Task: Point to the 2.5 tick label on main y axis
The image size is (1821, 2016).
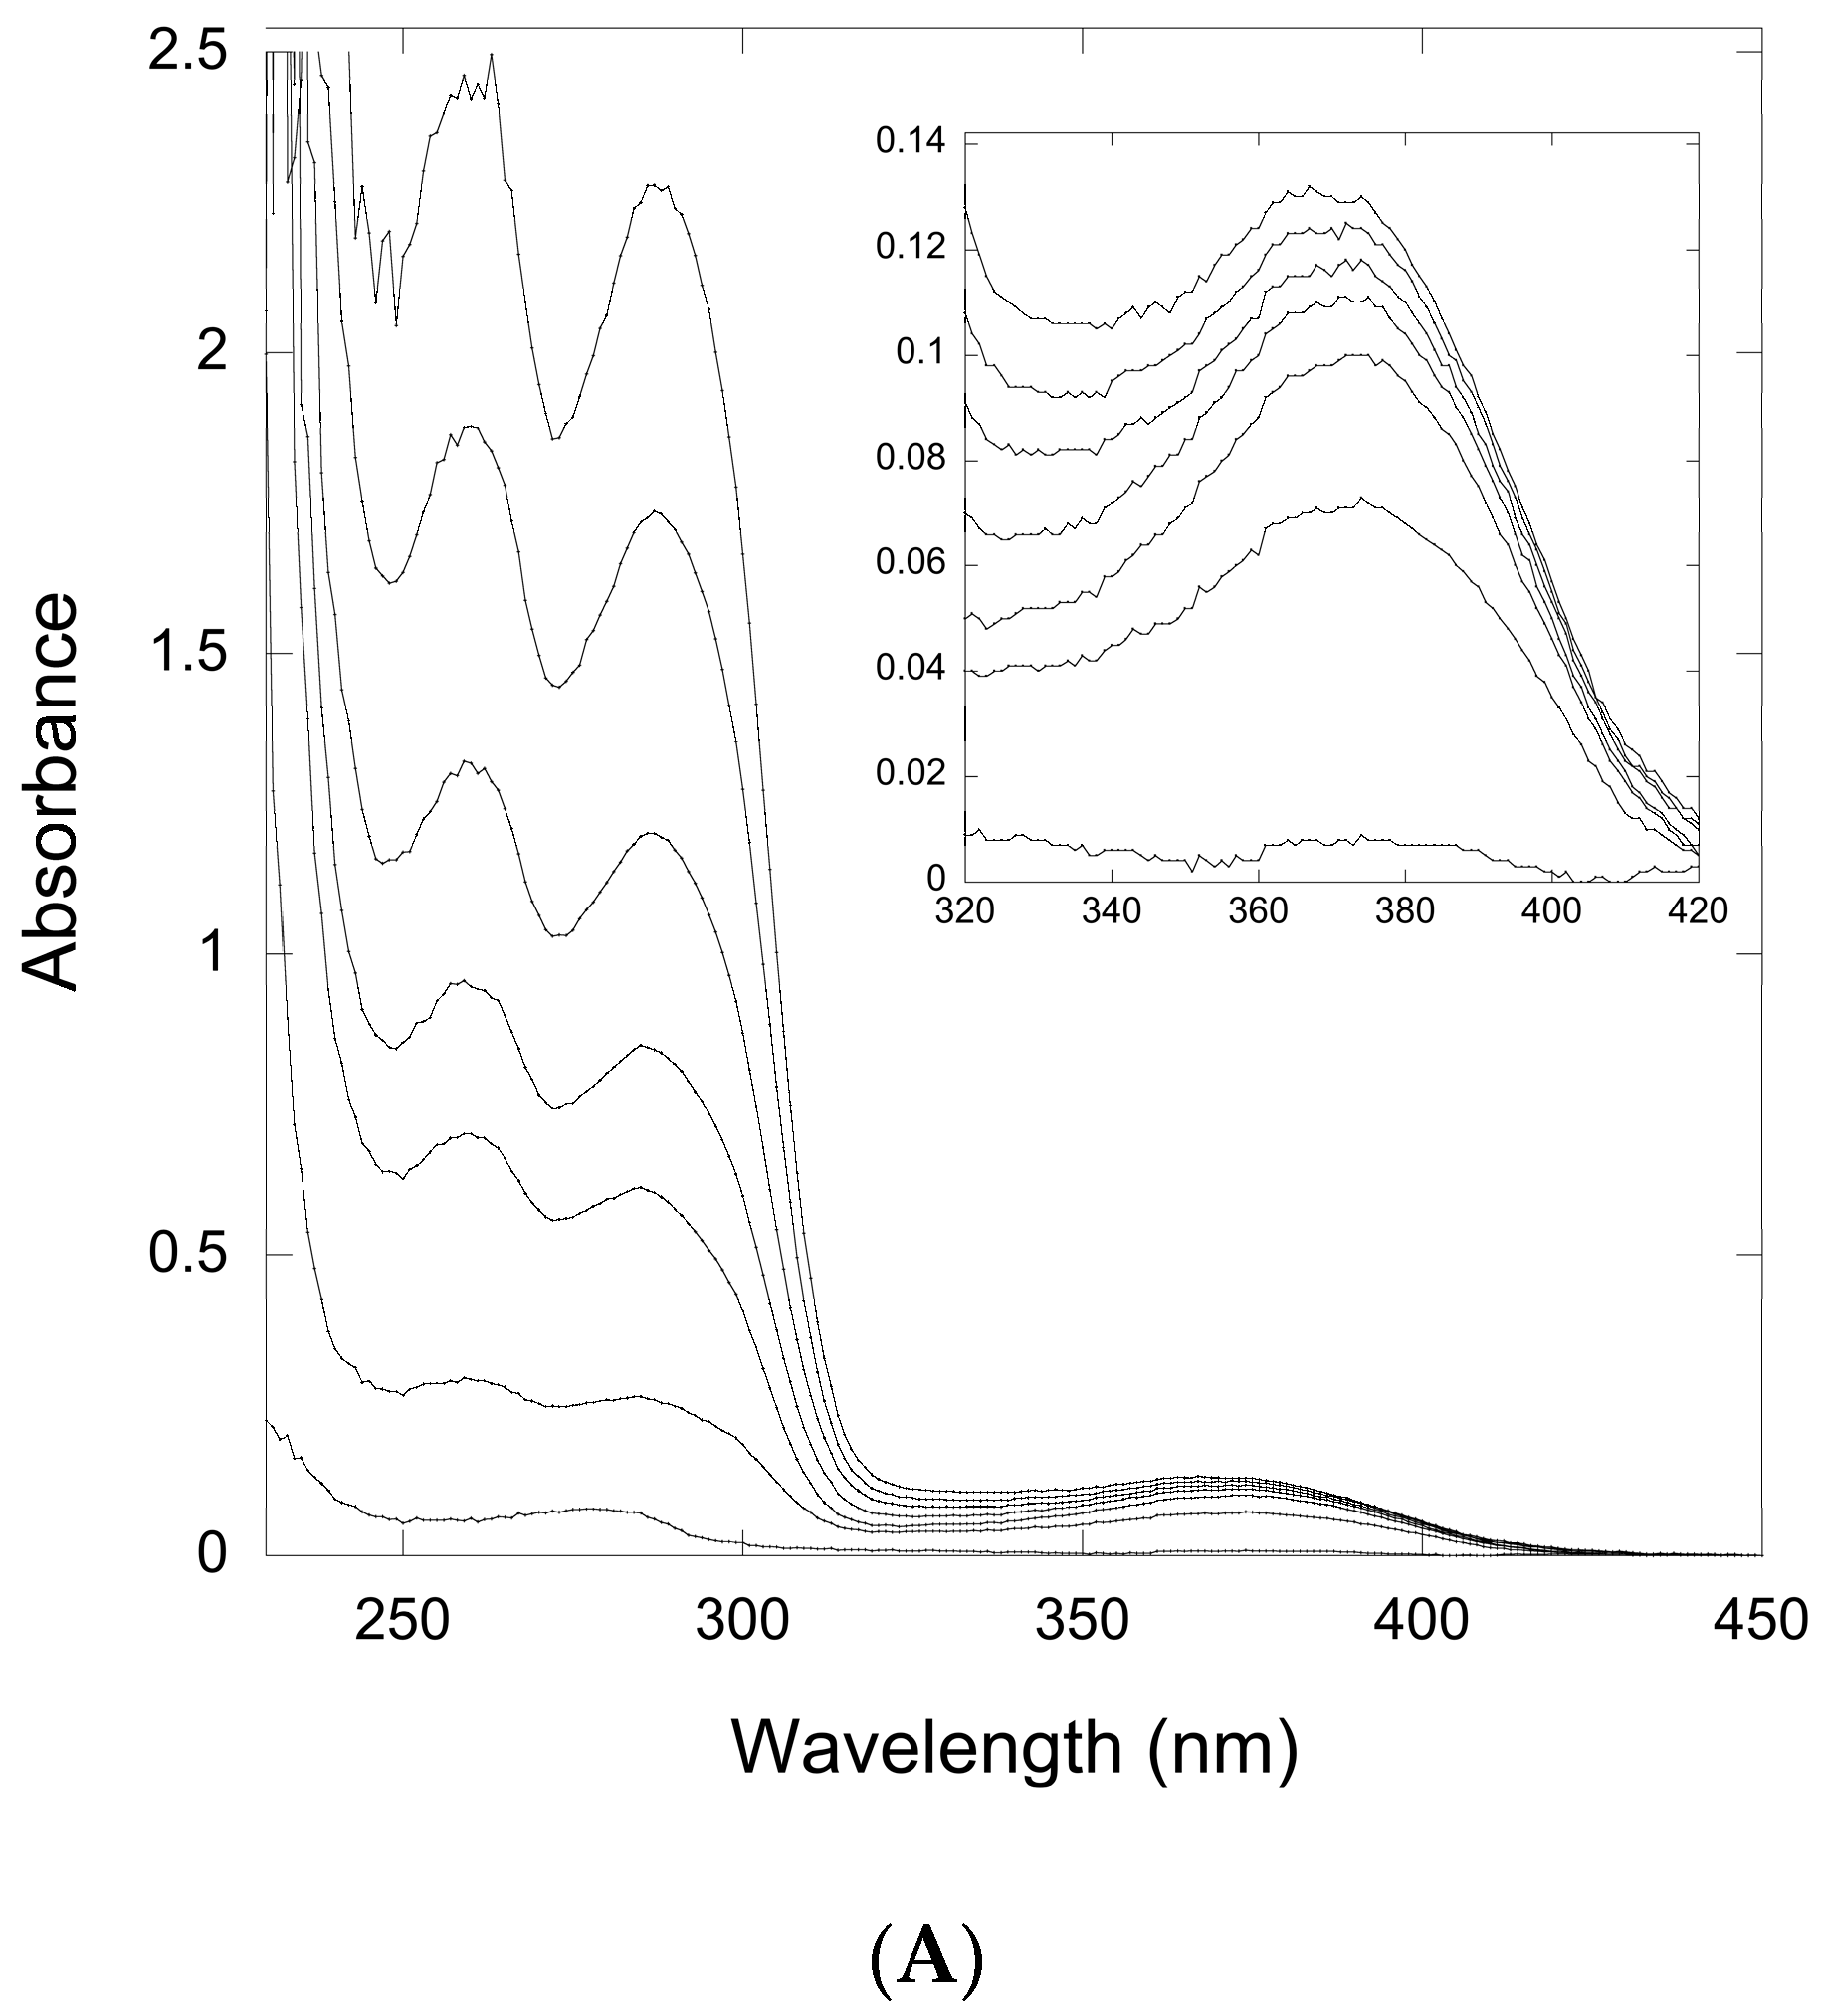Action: (x=188, y=52)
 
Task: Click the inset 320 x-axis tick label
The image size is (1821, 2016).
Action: (x=965, y=913)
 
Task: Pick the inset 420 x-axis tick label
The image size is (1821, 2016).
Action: (x=1698, y=913)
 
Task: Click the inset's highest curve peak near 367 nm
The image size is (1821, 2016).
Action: (x=1308, y=186)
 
